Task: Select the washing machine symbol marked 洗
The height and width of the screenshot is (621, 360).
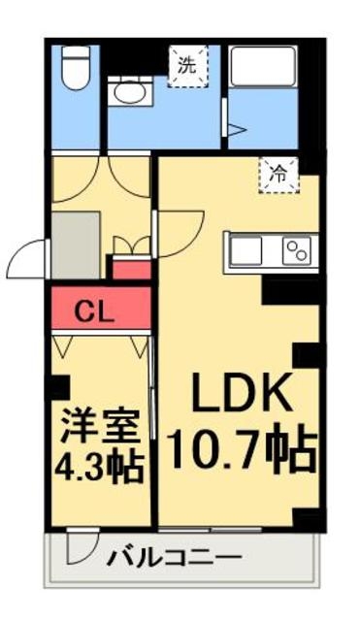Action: (x=187, y=66)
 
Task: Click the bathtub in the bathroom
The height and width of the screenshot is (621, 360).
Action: (x=263, y=66)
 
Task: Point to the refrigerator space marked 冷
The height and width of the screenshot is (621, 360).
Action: (x=278, y=175)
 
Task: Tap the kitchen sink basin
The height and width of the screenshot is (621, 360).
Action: (x=245, y=250)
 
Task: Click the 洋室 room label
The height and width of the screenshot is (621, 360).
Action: (x=101, y=427)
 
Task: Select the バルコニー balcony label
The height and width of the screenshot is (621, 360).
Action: (x=175, y=559)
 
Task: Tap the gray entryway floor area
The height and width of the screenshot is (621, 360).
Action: (x=76, y=245)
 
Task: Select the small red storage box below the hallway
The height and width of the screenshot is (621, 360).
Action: (x=132, y=269)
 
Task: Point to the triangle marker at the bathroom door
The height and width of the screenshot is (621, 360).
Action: (x=237, y=129)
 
